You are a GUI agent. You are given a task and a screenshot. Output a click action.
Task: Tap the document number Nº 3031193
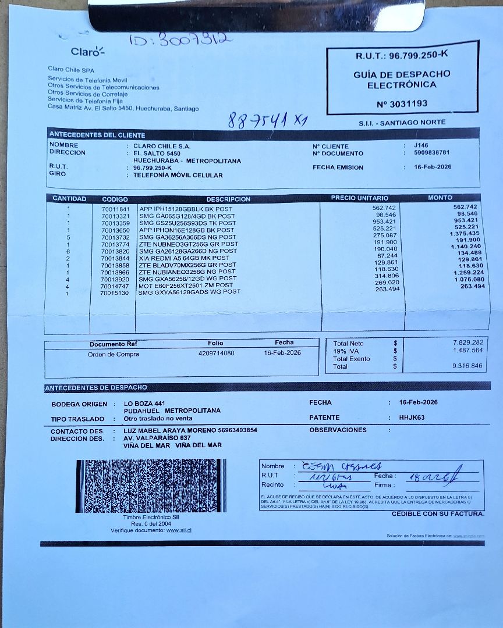click(402, 104)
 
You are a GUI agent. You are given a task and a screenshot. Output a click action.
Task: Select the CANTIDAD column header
click(69, 199)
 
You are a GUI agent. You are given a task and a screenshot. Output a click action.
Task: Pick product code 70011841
click(115, 209)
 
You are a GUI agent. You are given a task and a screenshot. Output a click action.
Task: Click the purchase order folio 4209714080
click(216, 353)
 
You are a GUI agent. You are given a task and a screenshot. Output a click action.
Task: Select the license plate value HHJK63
click(412, 418)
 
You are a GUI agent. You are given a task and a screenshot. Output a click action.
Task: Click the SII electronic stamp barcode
click(151, 486)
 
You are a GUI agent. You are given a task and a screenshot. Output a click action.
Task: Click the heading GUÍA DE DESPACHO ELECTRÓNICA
click(402, 80)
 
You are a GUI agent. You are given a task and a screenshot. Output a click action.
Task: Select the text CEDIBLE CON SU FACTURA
click(437, 513)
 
